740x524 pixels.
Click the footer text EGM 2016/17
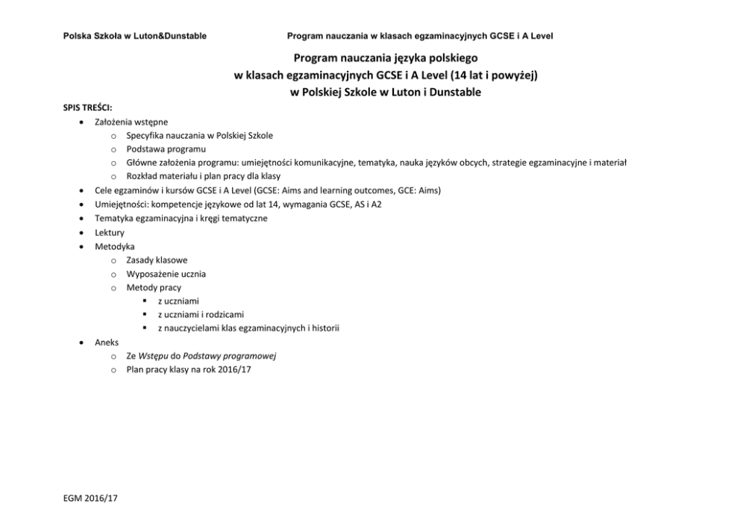(x=91, y=499)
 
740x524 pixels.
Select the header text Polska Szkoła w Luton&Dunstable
(x=135, y=36)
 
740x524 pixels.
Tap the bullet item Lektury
(x=110, y=232)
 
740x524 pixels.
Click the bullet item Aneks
(x=107, y=342)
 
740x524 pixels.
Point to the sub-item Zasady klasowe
(x=157, y=260)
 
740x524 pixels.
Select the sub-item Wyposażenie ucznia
(x=166, y=273)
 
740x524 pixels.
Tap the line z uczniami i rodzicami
(x=201, y=314)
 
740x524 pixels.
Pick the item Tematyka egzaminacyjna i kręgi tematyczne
(x=181, y=218)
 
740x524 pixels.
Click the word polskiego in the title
(x=441, y=57)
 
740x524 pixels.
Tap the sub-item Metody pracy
(x=154, y=287)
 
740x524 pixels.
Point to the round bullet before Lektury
(x=81, y=232)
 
